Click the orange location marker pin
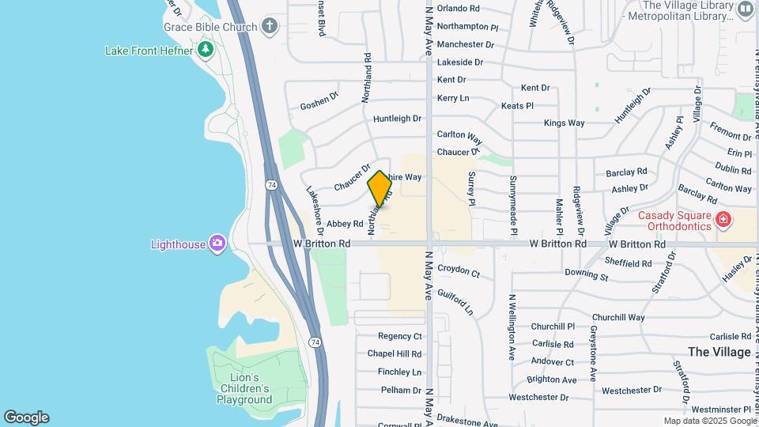[379, 188]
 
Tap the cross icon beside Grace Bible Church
[270, 27]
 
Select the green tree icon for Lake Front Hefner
[206, 51]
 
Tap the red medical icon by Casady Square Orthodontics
[722, 219]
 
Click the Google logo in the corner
[26, 418]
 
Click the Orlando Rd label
[459, 8]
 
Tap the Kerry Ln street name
[453, 98]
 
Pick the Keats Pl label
[517, 105]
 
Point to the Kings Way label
[564, 123]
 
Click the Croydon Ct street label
[459, 272]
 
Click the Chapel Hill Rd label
[399, 354]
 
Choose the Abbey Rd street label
[345, 225]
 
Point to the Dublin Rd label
[732, 170]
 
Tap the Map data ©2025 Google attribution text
[710, 421]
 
